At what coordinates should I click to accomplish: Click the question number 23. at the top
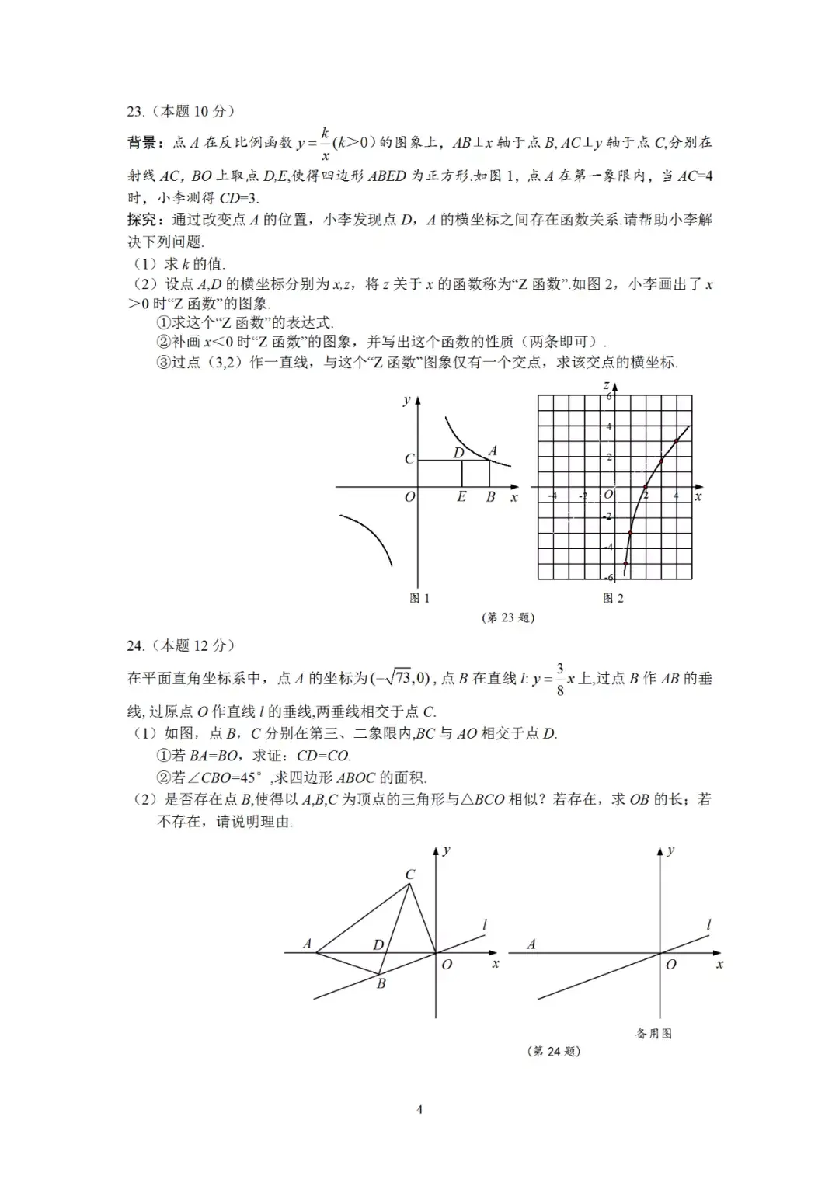(x=136, y=112)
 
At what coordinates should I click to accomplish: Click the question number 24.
(x=136, y=645)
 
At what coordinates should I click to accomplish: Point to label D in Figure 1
(x=458, y=452)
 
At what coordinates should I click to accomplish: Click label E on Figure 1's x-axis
(x=461, y=497)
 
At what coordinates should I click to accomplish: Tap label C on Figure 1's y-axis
(x=409, y=459)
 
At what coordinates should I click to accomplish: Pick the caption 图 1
(x=419, y=598)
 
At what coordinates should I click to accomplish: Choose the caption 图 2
(x=613, y=598)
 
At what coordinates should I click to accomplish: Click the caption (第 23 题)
(x=509, y=618)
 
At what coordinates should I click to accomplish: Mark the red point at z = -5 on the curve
(x=625, y=563)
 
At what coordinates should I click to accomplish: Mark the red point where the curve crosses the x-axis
(x=646, y=488)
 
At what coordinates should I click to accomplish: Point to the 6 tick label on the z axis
(x=610, y=396)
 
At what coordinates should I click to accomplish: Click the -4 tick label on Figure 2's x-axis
(x=552, y=496)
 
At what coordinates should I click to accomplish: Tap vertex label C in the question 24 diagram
(x=410, y=875)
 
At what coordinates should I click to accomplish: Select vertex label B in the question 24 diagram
(x=381, y=984)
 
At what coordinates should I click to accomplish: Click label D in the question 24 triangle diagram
(x=378, y=945)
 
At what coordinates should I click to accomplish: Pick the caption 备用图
(x=653, y=1034)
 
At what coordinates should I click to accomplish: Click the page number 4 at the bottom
(x=419, y=1110)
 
